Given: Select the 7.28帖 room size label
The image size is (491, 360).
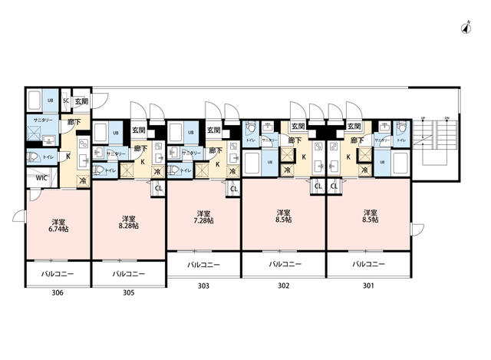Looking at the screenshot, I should (203, 221).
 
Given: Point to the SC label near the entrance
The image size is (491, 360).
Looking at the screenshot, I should (65, 101).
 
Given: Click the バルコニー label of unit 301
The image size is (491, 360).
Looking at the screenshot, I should (368, 265).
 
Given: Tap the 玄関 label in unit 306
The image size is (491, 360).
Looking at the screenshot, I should (81, 101).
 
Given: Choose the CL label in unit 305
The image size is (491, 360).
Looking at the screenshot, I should (158, 187).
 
